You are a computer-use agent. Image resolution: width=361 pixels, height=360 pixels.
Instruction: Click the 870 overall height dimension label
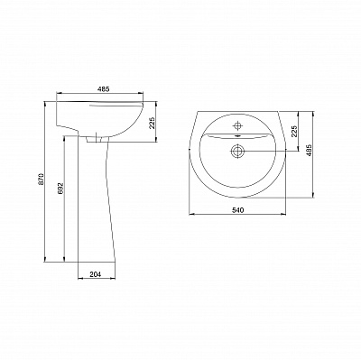click(x=42, y=179)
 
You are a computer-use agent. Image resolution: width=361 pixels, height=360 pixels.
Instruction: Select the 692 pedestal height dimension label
click(x=60, y=188)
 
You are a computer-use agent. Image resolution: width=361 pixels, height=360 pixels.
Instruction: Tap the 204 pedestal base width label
click(x=95, y=274)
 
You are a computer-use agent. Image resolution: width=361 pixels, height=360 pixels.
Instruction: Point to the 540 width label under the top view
click(x=237, y=210)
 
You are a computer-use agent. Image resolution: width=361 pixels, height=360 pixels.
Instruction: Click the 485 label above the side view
click(x=103, y=89)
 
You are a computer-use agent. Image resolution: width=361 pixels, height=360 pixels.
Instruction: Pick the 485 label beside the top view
click(x=310, y=150)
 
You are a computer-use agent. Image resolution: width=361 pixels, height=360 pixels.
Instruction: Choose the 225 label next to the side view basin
click(x=152, y=123)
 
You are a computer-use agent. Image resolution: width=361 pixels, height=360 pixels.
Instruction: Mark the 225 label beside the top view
click(x=294, y=131)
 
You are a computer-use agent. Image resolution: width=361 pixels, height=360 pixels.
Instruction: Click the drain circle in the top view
click(x=237, y=151)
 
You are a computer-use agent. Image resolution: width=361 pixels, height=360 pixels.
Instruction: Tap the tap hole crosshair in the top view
click(x=237, y=125)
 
